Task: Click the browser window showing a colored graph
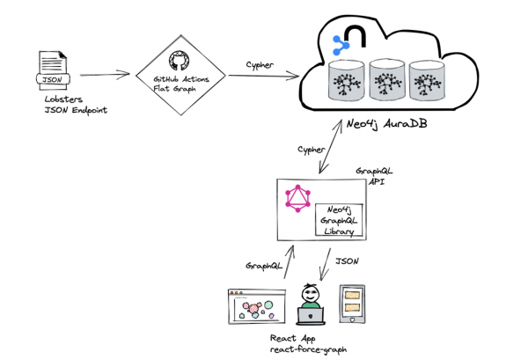click(x=257, y=310)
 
